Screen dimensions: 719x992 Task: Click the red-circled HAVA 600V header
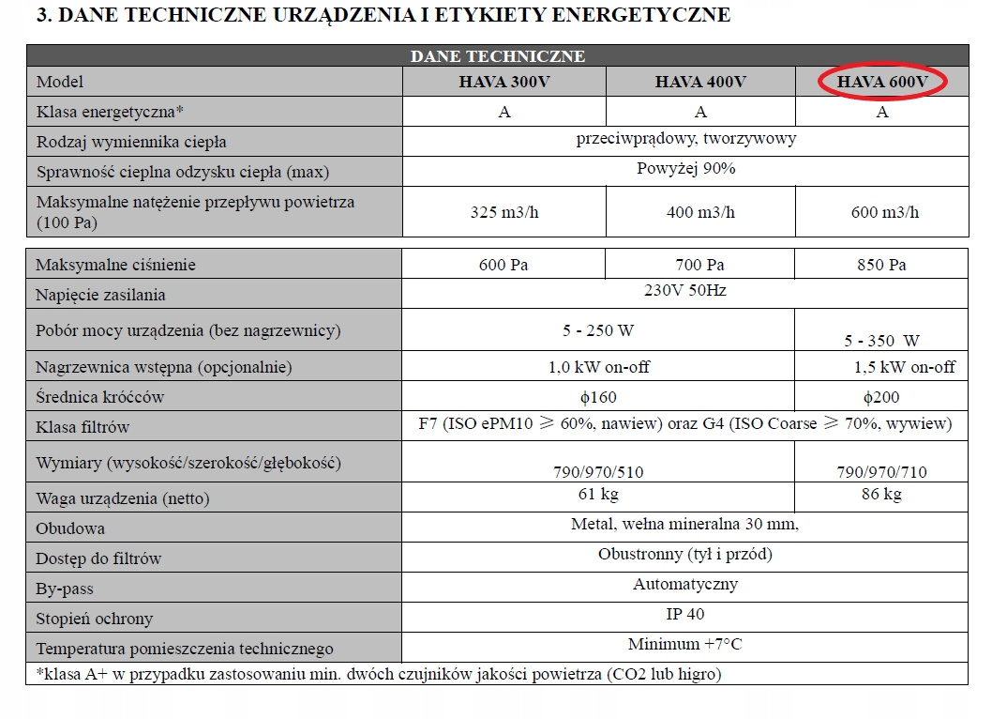[x=882, y=82]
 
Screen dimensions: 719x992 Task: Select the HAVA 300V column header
[x=504, y=82]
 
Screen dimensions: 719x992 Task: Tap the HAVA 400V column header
[x=700, y=82]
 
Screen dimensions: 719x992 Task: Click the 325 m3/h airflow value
[x=504, y=212]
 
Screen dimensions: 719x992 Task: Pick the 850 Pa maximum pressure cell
[x=881, y=265]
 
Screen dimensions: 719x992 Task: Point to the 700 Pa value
[x=700, y=265]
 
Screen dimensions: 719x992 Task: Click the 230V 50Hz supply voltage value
[x=685, y=290]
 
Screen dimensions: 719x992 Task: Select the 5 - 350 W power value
[x=881, y=341]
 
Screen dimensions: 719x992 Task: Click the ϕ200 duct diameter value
[x=881, y=397]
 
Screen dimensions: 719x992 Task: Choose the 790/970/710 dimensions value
[x=881, y=472]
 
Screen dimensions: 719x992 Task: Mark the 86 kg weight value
[x=881, y=494]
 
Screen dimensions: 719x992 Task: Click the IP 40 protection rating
[x=685, y=614]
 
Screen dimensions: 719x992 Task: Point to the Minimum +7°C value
[x=685, y=644]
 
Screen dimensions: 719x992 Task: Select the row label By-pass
[x=65, y=589]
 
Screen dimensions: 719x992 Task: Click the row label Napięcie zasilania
[x=100, y=295]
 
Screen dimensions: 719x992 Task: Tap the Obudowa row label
[x=70, y=528]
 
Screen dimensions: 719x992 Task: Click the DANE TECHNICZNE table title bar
[x=498, y=56]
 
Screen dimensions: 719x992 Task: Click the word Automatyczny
[x=685, y=584]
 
